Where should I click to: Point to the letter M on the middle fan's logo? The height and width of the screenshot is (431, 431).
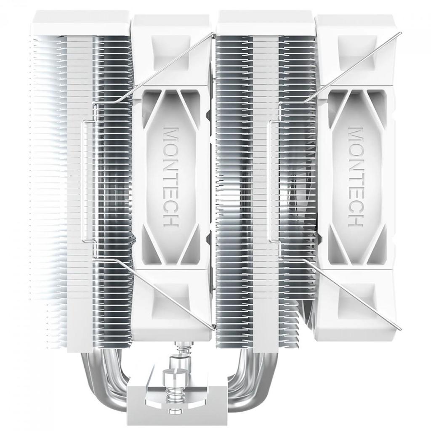171,133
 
